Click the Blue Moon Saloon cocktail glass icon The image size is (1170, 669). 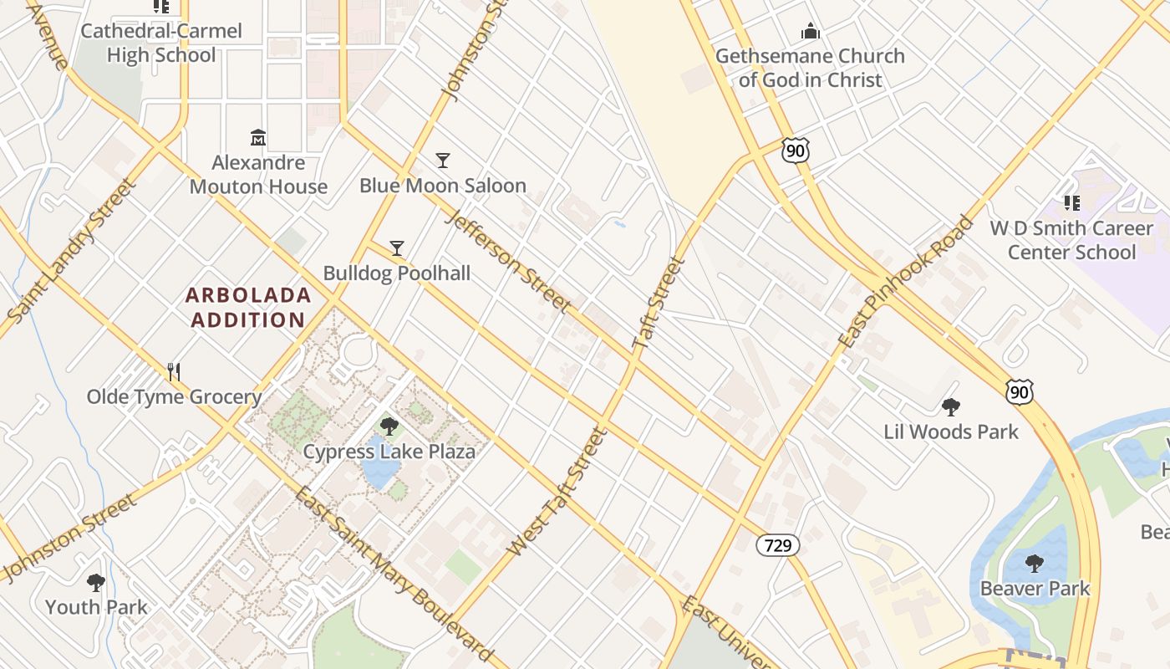point(443,160)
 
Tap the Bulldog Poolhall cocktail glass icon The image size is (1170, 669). point(397,248)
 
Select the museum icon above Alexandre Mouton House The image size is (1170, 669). point(258,137)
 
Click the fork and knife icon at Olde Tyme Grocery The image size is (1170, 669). point(174,371)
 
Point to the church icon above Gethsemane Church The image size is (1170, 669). point(810,32)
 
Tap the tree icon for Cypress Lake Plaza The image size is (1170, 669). point(389,426)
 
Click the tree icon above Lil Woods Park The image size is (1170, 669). point(950,407)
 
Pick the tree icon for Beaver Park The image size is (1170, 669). point(1035,564)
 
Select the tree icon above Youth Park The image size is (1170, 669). point(96,582)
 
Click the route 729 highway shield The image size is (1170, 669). point(777,546)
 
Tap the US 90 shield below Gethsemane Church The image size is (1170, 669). point(796,151)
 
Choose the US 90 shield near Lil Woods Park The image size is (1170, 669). point(1020,392)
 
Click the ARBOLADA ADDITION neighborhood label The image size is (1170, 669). point(248,307)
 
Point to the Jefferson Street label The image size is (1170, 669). point(509,261)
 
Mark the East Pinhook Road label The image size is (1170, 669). point(906,283)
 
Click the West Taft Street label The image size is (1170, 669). point(556,493)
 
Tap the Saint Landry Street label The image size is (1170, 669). point(71,250)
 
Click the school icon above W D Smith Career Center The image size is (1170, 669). point(1072,203)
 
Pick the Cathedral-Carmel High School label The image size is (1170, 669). point(161,43)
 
